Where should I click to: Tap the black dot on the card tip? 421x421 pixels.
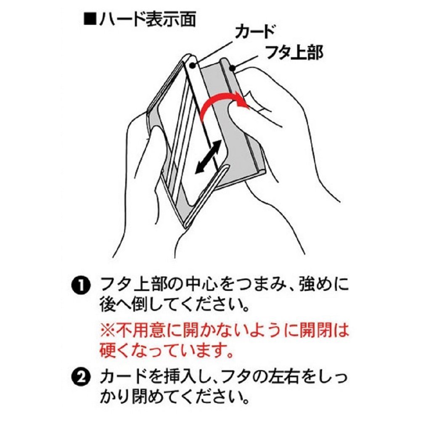click(x=193, y=65)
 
